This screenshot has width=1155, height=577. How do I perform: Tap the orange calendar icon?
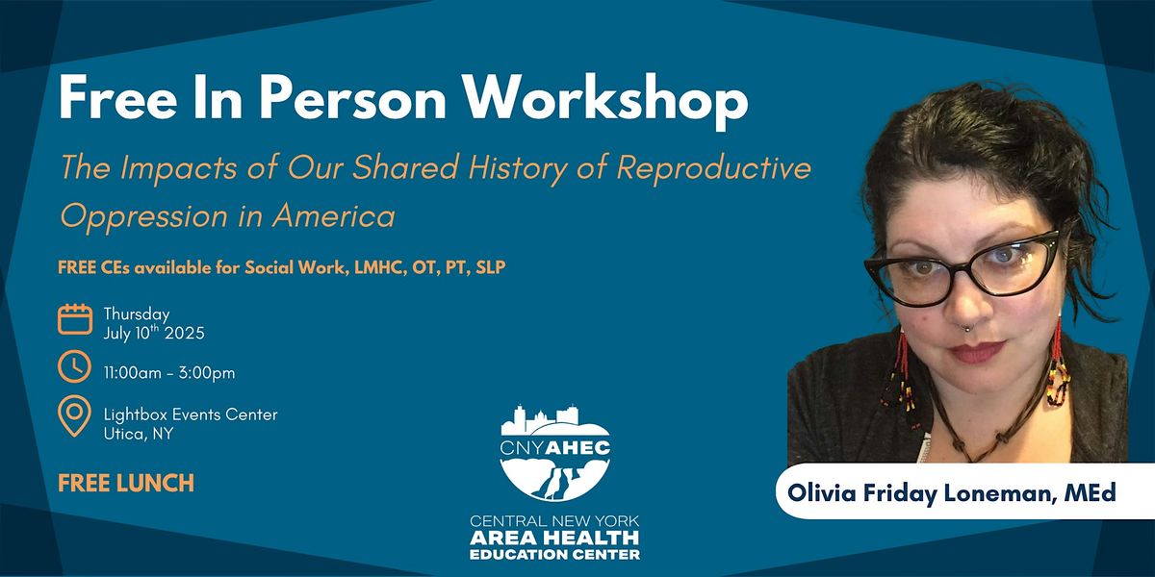point(75,319)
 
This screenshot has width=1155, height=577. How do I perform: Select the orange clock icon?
point(74,366)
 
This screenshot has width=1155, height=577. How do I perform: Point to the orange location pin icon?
point(74,415)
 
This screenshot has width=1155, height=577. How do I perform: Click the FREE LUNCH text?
point(126,483)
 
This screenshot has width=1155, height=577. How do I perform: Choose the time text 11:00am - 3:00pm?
point(169,372)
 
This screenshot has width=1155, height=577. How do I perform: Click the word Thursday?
point(137,314)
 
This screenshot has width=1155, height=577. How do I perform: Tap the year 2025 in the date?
point(185,333)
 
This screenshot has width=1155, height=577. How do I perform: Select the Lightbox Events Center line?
point(191,414)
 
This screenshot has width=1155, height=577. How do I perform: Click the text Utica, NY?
point(139,434)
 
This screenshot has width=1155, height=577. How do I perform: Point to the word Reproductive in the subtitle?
point(714,167)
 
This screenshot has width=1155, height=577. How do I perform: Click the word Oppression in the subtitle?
point(143,216)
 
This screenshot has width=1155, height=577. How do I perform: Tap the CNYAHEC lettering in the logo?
point(554,447)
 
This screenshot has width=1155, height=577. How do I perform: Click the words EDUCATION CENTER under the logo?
point(554,554)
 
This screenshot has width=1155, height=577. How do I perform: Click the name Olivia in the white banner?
point(821,492)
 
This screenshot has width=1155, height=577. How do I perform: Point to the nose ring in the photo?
point(966,327)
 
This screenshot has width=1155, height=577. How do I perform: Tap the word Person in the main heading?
point(351,99)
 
